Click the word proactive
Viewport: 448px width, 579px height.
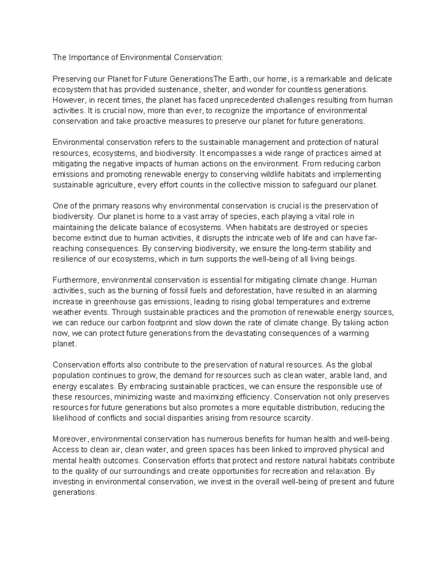point(148,121)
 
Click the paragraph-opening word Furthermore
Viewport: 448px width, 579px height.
point(76,280)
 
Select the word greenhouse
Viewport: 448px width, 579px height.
point(88,301)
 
